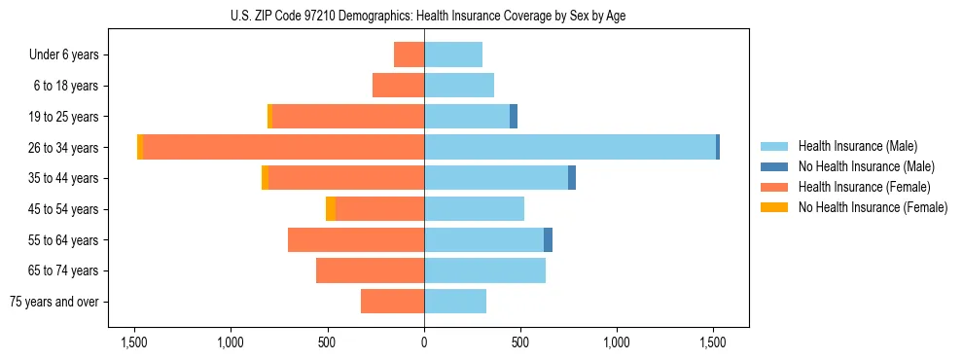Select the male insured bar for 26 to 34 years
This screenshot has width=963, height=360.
(569, 147)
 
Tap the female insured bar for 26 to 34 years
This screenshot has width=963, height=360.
(283, 147)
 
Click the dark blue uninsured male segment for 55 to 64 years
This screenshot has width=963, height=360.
(548, 239)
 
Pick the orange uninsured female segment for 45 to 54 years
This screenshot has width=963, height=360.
(331, 208)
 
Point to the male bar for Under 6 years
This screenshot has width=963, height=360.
(453, 54)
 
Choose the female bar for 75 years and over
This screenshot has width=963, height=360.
(392, 302)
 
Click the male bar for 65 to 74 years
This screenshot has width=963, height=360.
(484, 270)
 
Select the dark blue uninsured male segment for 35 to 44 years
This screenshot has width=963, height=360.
(572, 178)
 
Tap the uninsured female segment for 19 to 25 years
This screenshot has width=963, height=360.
(269, 116)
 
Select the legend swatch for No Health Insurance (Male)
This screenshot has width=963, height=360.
(775, 166)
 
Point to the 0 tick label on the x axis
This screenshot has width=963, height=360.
(424, 342)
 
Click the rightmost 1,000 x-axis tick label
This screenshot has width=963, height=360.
(617, 342)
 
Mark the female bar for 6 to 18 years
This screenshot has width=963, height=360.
(398, 86)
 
